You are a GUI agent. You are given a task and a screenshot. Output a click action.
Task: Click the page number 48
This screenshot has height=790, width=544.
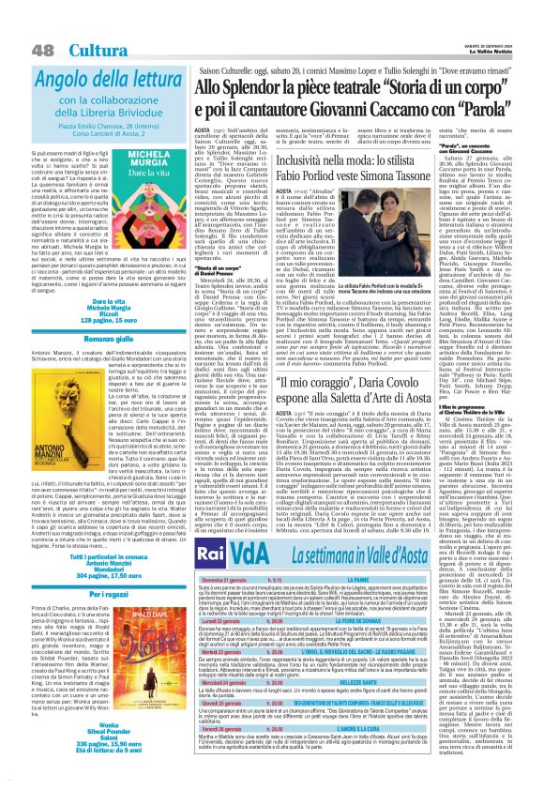(x=16, y=23)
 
